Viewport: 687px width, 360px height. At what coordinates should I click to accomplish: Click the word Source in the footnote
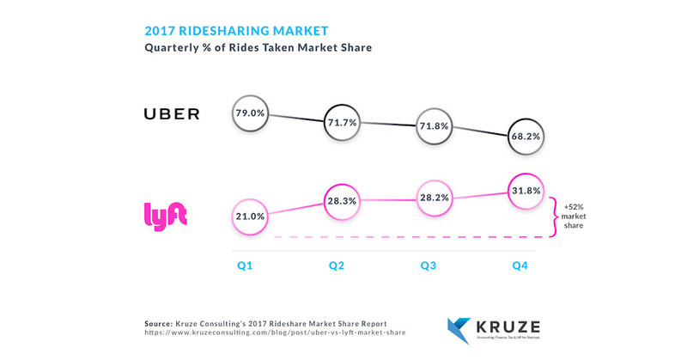pyautogui.click(x=161, y=321)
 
